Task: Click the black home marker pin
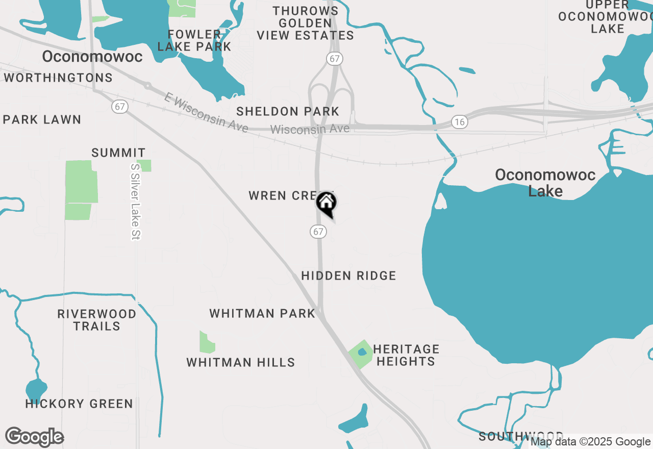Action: tap(326, 204)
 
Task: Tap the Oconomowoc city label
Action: tap(92, 57)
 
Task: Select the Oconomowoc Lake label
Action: tap(545, 183)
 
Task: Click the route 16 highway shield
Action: tap(460, 121)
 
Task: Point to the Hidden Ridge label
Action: tap(348, 276)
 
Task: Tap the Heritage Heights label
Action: tap(406, 355)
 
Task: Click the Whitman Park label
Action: tap(262, 313)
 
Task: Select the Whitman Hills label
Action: tap(241, 363)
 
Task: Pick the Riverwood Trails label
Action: tap(96, 320)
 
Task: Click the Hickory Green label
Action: tap(79, 404)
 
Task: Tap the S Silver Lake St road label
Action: tap(135, 202)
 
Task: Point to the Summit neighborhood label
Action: tap(118, 153)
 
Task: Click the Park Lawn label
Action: tap(42, 120)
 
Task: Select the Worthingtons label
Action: tap(58, 78)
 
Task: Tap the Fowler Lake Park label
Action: tap(194, 40)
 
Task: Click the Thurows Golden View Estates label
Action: tap(305, 23)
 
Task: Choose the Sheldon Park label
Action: tap(288, 111)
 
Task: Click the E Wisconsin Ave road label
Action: tap(206, 113)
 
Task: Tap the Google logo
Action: tap(34, 437)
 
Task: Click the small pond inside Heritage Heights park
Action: tap(362, 352)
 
